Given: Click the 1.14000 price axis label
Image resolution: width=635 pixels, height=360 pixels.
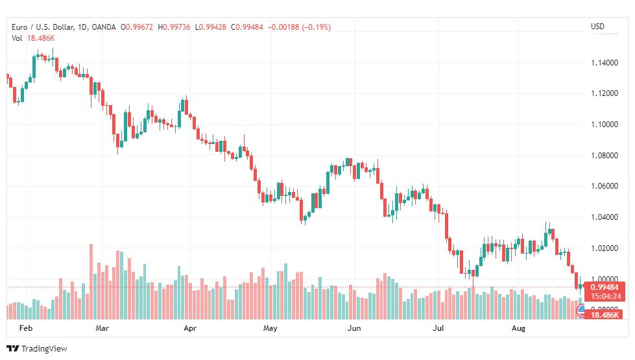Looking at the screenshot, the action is click(x=605, y=63).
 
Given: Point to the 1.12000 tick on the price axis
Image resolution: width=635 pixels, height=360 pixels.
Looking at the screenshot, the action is click(x=605, y=93).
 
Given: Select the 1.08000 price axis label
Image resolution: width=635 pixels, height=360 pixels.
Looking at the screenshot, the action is click(x=605, y=156).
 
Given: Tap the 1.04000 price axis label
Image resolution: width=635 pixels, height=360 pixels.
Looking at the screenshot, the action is click(x=605, y=217).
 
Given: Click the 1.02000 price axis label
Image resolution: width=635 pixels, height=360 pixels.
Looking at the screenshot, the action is click(x=605, y=248).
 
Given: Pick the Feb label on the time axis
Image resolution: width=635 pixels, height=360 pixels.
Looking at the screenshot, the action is click(x=26, y=328).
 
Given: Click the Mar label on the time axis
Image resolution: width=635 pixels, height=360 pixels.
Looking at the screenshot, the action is click(x=102, y=328).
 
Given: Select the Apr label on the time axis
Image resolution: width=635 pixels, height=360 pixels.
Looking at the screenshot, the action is click(x=190, y=328).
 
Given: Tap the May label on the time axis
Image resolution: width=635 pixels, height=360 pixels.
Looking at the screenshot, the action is click(x=270, y=328).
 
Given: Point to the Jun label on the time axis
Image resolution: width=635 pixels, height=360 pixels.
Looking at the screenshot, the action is click(x=354, y=328).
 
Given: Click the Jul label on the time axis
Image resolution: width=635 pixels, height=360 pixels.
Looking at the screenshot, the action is click(x=438, y=328).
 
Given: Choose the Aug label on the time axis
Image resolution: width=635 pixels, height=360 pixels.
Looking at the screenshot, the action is click(x=518, y=328).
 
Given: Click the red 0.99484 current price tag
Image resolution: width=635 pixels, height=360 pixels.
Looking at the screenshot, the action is click(x=605, y=287).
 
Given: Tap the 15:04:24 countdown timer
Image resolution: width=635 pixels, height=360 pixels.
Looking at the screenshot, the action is click(x=606, y=296).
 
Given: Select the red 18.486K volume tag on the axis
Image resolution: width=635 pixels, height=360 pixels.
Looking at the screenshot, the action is click(x=605, y=315).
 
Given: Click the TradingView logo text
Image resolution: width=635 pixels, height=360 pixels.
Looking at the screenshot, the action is click(x=44, y=349).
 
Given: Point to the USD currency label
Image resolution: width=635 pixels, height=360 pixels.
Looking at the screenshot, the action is click(x=597, y=27).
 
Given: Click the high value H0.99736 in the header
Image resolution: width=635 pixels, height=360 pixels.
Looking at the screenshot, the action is click(x=174, y=27).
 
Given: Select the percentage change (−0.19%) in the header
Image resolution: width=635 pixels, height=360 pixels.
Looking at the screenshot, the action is click(x=317, y=27).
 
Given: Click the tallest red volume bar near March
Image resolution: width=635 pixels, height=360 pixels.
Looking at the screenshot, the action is click(x=91, y=282).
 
